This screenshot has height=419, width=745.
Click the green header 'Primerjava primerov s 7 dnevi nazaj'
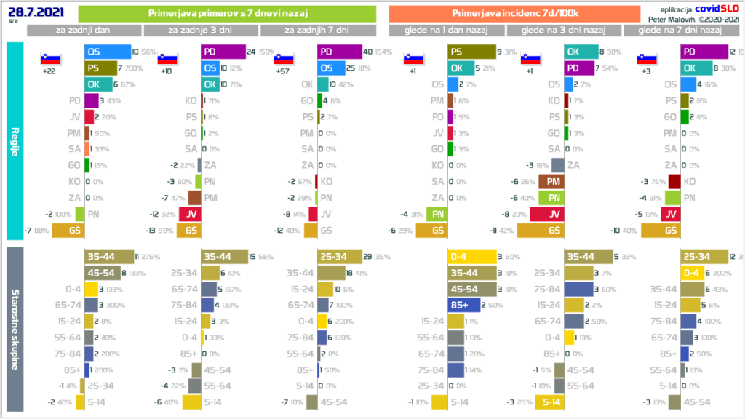[x=226, y=14]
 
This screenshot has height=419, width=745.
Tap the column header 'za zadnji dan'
[x=84, y=30]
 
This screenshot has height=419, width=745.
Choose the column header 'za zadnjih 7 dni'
[x=317, y=30]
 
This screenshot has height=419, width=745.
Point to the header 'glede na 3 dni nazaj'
[x=564, y=30]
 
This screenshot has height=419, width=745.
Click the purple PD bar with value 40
[x=340, y=52]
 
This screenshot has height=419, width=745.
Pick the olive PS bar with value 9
[x=469, y=52]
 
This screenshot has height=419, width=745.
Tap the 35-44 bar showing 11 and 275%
[x=108, y=256]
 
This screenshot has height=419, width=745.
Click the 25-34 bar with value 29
[x=339, y=256]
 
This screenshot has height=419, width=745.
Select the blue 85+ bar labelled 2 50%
[x=463, y=304]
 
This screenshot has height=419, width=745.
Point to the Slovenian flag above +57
[x=283, y=60]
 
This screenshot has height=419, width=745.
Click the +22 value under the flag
[x=50, y=72]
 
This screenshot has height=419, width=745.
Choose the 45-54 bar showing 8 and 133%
[x=102, y=272]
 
